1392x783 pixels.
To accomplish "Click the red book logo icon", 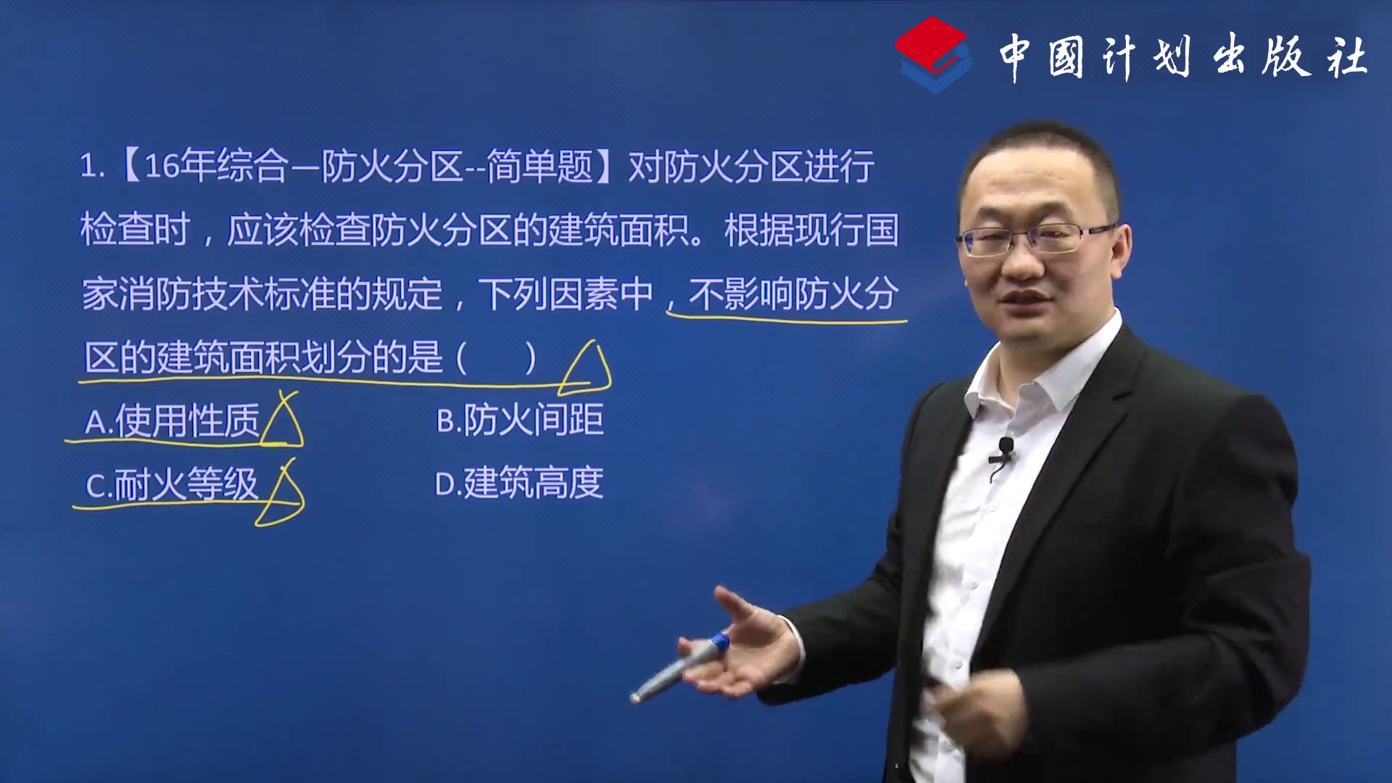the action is point(934,54).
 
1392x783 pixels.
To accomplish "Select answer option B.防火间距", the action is point(520,420).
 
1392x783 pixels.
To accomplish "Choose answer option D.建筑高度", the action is point(519,483).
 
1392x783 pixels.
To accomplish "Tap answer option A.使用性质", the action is point(172,420).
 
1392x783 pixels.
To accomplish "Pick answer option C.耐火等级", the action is point(171,484).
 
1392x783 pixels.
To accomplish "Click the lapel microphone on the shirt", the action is point(1004,451).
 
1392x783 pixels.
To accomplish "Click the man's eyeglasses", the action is point(1037,239).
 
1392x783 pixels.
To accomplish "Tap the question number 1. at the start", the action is point(93,167).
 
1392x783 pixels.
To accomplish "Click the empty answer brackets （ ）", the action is point(497,357).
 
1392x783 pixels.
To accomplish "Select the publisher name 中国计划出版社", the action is point(1183,57).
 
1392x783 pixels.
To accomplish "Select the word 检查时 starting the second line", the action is point(135,230).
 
